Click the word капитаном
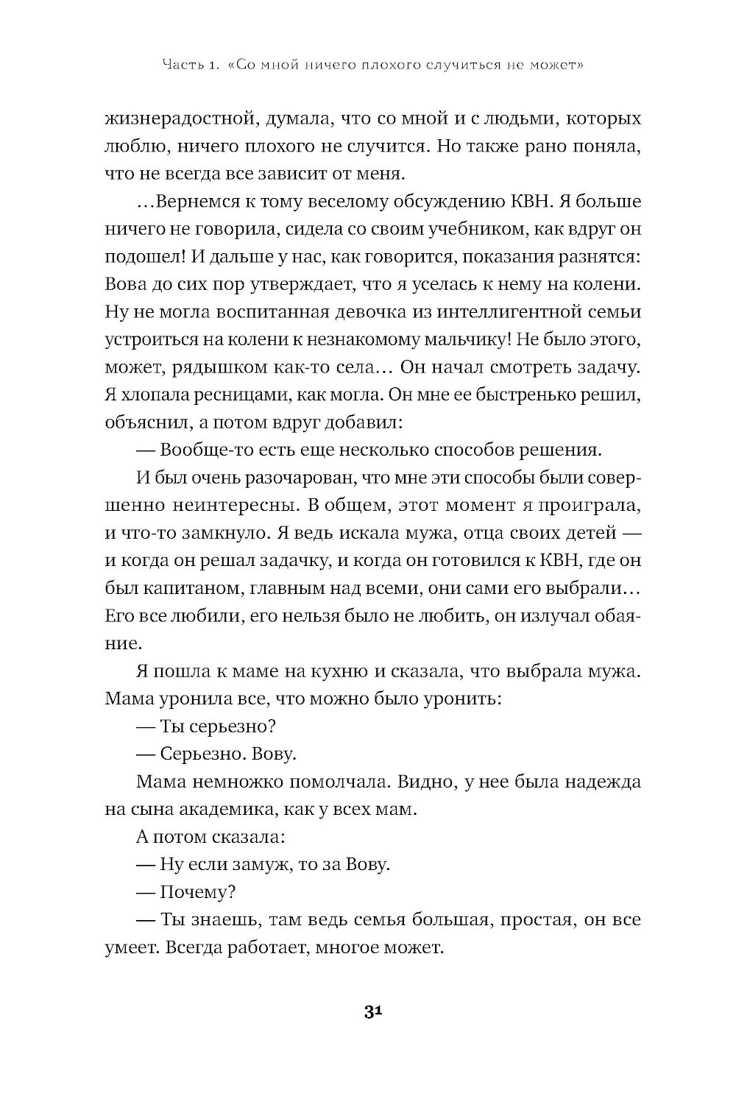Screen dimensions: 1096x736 tap(187, 587)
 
